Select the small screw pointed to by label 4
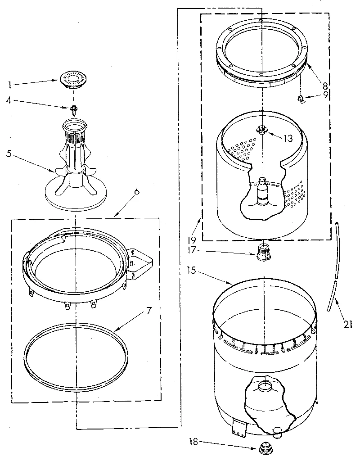tap(71, 108)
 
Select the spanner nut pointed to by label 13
tap(262, 130)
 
